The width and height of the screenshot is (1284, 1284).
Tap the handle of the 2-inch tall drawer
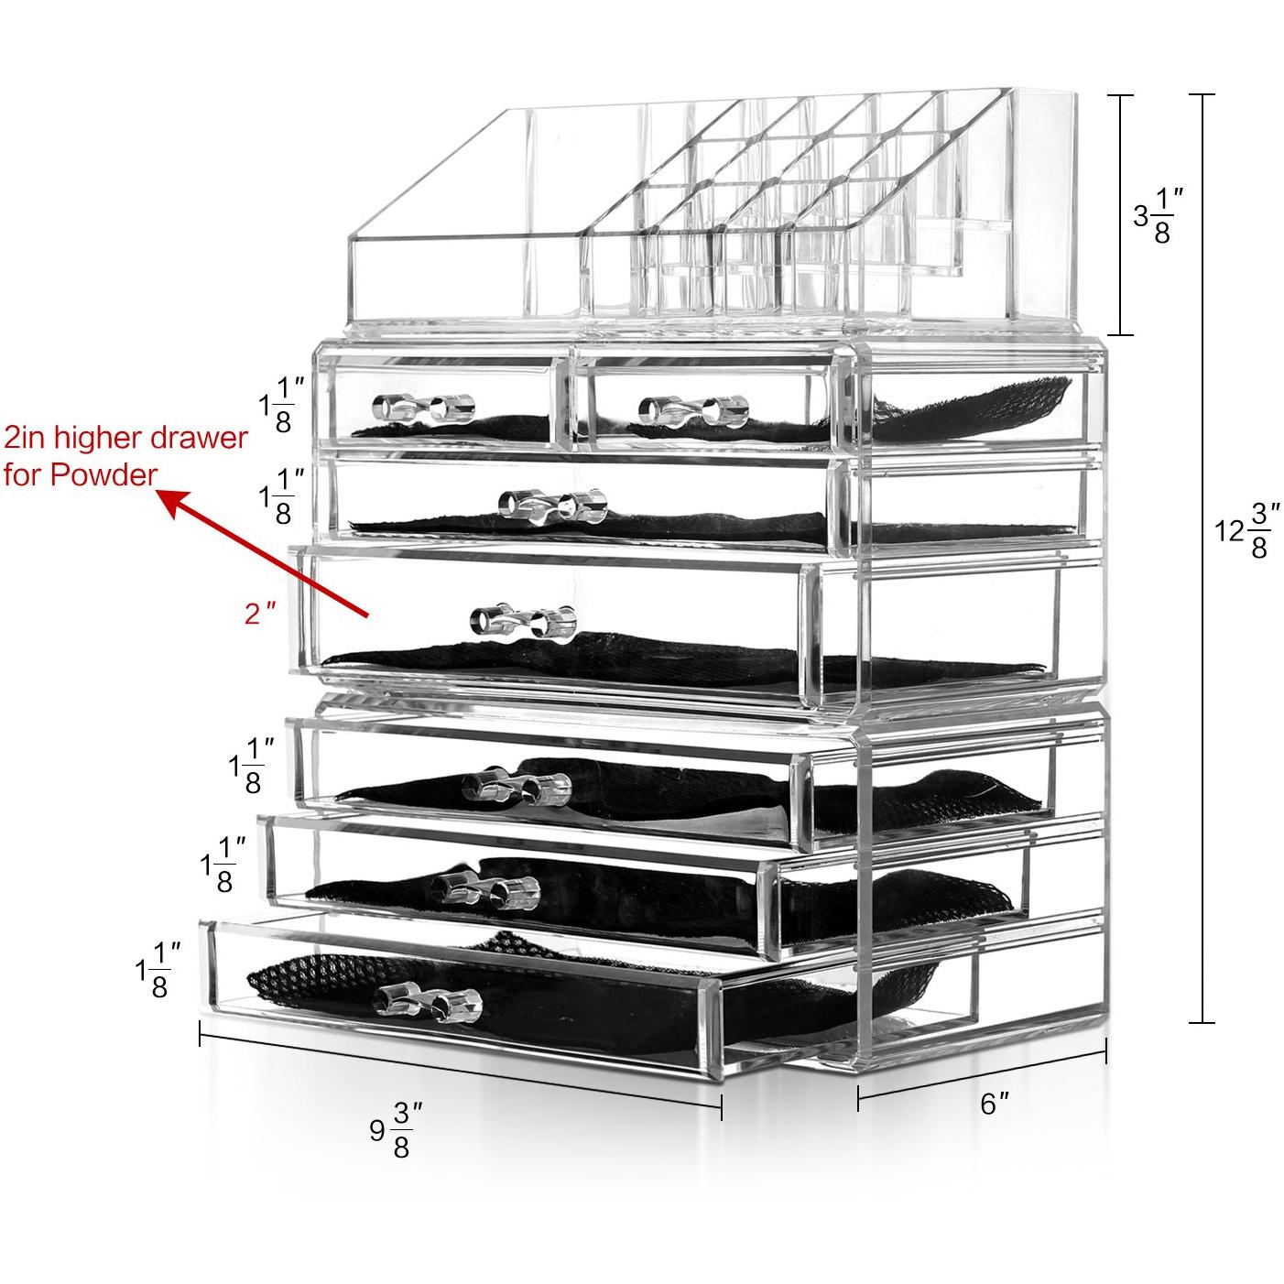pyautogui.click(x=524, y=623)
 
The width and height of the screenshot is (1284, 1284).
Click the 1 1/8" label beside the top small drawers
pyautogui.click(x=282, y=405)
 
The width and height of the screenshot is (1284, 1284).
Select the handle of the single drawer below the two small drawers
pyautogui.click(x=552, y=505)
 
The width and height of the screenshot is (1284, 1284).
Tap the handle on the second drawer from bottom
pyautogui.click(x=485, y=891)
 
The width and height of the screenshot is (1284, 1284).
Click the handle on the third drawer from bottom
pyautogui.click(x=517, y=787)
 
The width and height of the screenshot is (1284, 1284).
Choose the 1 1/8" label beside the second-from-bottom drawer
pyautogui.click(x=223, y=865)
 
